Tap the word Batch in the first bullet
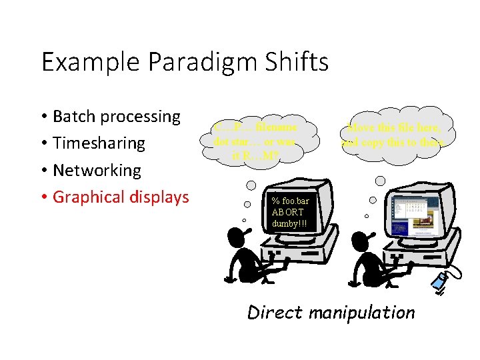point(77,117)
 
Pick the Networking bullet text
point(97,170)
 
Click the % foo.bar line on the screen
point(291,201)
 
